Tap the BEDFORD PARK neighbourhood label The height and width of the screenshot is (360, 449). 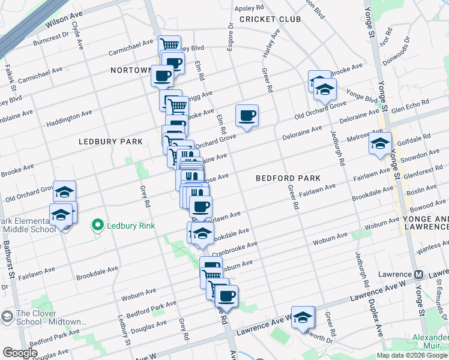[x=288, y=178]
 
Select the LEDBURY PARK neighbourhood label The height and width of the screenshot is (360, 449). [x=111, y=142]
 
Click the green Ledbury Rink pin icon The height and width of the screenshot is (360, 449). [x=97, y=226]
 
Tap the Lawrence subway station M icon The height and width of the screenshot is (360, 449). [x=420, y=275]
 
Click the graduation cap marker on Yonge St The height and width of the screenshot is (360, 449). [x=380, y=143]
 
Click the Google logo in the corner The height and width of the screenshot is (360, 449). [x=20, y=353]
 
